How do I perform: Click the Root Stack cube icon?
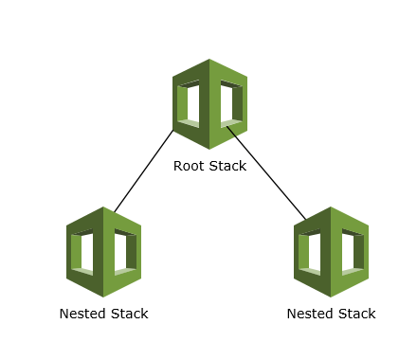coord(209,104)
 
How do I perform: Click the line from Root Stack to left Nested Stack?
coord(144,171)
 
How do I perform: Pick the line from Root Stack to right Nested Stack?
coord(267,173)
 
